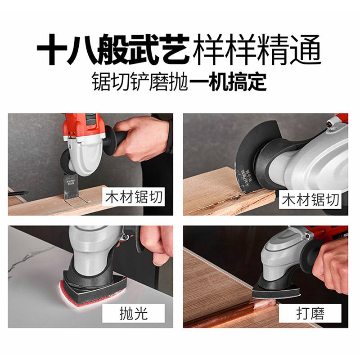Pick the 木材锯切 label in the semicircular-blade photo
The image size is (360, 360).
pyautogui.click(x=310, y=200)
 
